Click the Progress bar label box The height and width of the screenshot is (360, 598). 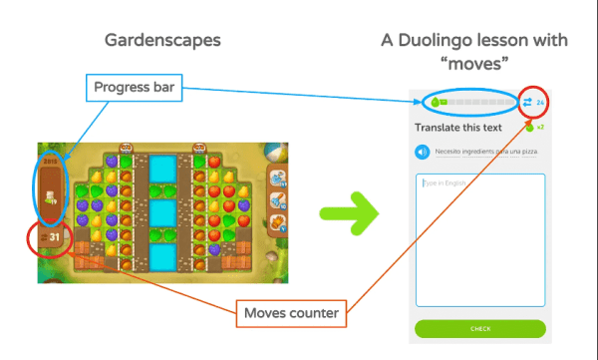pyautogui.click(x=137, y=88)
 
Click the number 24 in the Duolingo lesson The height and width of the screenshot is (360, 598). pyautogui.click(x=540, y=103)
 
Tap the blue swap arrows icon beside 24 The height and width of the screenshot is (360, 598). pyautogui.click(x=528, y=103)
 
